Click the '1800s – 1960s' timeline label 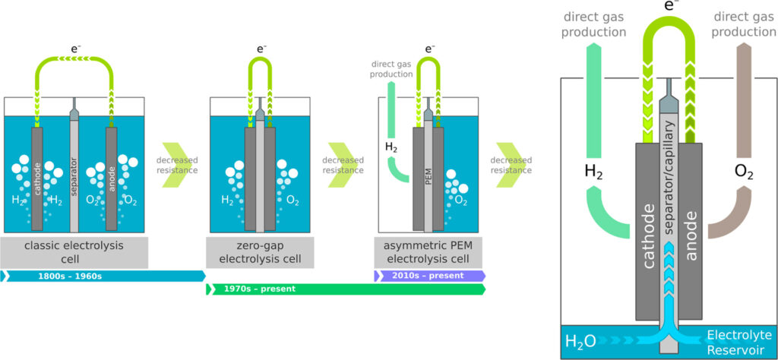pos(70,276)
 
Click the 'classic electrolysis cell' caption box pos(74,252)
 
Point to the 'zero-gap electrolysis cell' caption pos(260,252)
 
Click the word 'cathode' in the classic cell pos(37,178)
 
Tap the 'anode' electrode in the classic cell pos(111,179)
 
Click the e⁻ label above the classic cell pos(75,49)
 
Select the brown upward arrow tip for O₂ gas pos(744,43)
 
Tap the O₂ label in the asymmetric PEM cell pos(461,201)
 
